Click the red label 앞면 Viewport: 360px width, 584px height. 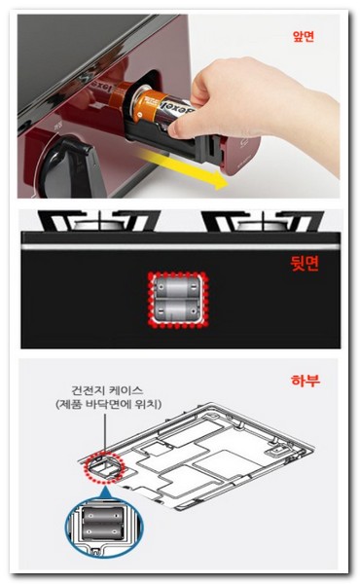[304, 37]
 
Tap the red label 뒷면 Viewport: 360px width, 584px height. [305, 264]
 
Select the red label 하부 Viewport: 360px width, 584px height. [305, 381]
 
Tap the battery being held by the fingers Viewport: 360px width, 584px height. [163, 109]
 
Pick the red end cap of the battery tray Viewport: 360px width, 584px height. [240, 156]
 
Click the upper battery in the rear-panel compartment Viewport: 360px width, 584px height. [177, 288]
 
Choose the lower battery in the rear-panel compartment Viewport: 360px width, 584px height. [177, 310]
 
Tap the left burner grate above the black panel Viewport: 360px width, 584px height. [99, 221]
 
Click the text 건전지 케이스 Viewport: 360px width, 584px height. [107, 390]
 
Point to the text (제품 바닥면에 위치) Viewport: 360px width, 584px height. [108, 405]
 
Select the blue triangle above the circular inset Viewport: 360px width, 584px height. [105, 493]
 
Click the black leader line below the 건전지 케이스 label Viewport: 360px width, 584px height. [105, 433]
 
